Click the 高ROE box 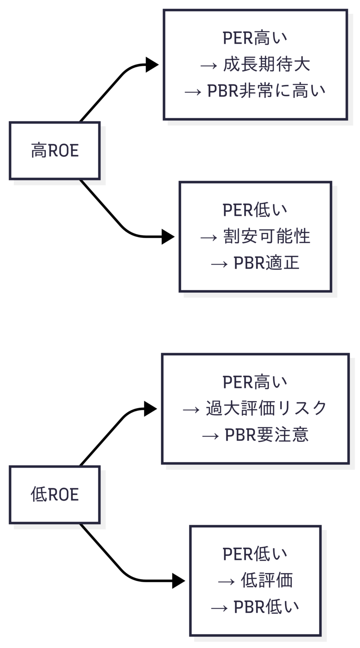[x=54, y=151]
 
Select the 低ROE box [x=54, y=495]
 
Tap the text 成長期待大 [x=266, y=65]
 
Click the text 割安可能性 [x=266, y=236]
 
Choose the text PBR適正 [x=266, y=263]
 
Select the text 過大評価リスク [x=266, y=408]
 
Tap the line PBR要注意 [x=266, y=435]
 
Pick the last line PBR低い [x=266, y=607]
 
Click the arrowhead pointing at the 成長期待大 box [x=152, y=65]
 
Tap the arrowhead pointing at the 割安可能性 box [x=168, y=237]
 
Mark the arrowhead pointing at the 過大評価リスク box [x=151, y=409]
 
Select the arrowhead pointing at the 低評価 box [x=178, y=581]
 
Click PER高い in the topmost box [x=255, y=38]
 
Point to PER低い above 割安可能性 [x=255, y=210]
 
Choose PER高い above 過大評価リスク [x=255, y=382]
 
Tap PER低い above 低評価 [x=255, y=554]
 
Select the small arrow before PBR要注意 [x=211, y=436]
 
